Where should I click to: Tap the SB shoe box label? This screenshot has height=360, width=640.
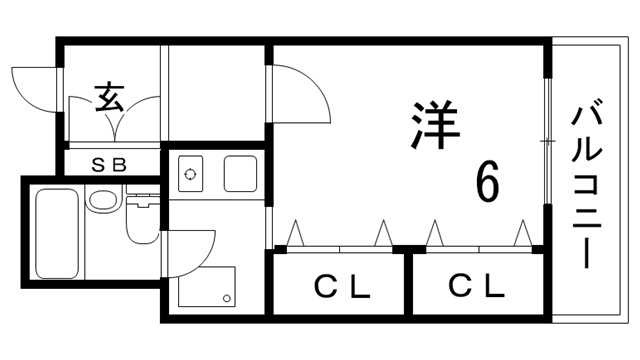[x=109, y=165]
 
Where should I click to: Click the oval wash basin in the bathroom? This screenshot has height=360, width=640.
[x=102, y=199]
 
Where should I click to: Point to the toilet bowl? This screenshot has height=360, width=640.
[x=142, y=225]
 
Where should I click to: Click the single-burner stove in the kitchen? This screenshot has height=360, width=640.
[x=189, y=174]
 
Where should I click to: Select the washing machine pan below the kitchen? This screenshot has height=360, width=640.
[x=208, y=286]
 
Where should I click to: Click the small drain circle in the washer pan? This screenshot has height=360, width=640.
[x=228, y=298]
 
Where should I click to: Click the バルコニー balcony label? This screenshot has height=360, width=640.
[x=587, y=184]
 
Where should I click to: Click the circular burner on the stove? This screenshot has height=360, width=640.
[x=189, y=174]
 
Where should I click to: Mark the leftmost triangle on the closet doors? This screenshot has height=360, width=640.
[x=295, y=233]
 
